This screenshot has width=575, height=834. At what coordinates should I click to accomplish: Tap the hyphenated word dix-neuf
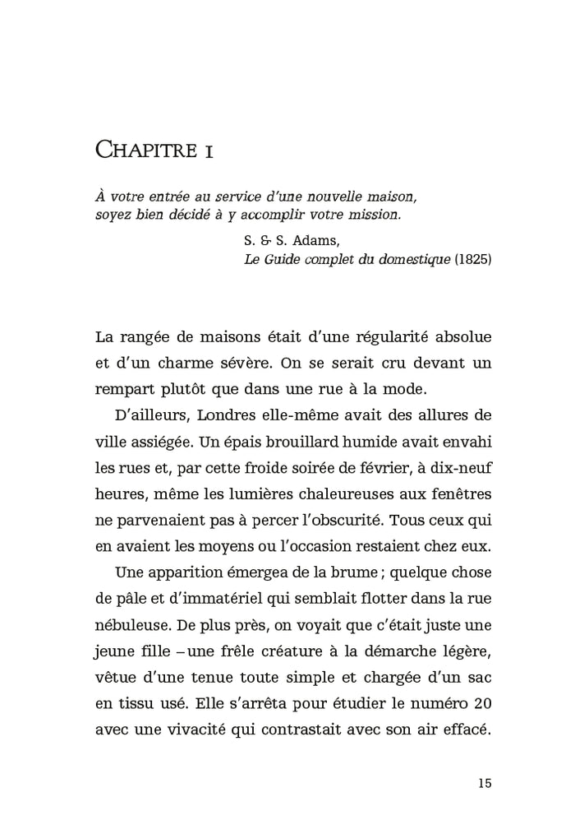click(x=457, y=467)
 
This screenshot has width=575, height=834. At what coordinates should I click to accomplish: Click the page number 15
click(x=483, y=782)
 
